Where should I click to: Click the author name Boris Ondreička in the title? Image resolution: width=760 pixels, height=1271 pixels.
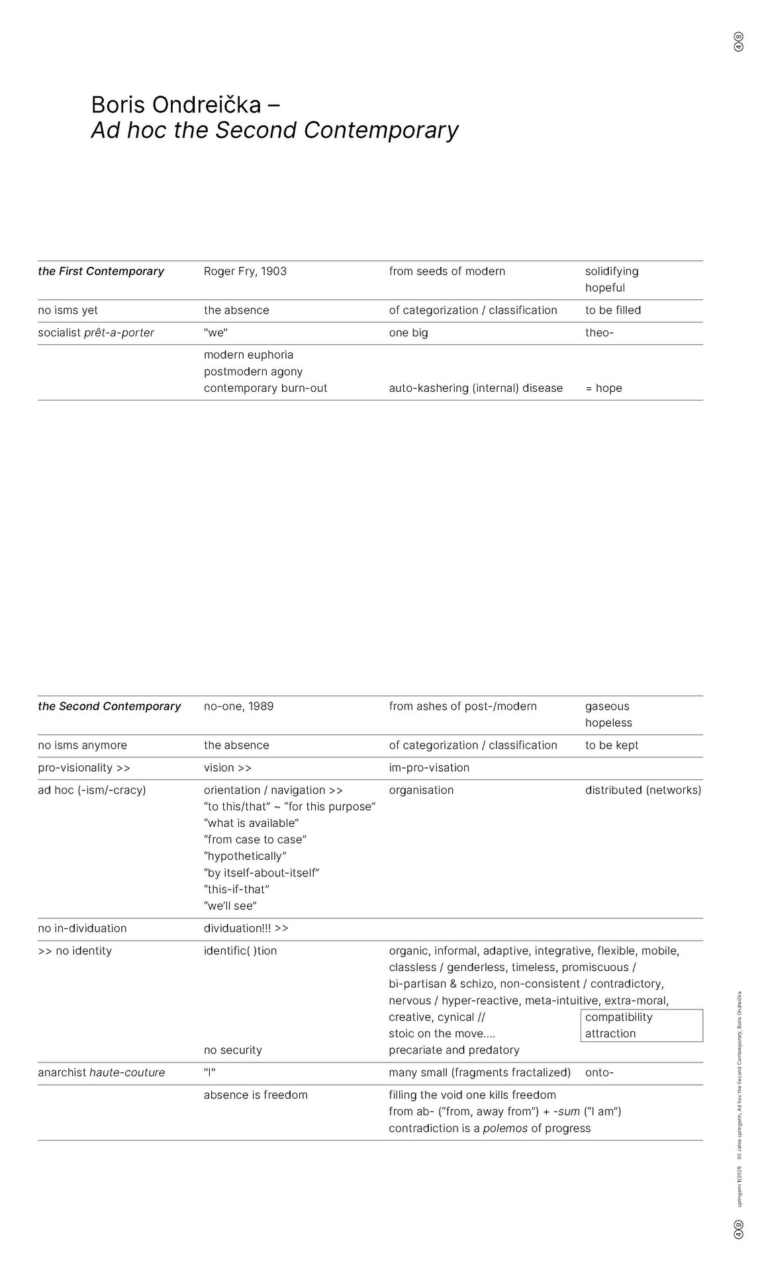[176, 105]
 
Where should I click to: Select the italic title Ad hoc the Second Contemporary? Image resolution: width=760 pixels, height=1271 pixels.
[274, 130]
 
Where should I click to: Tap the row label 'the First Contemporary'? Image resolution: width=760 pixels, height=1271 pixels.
[101, 271]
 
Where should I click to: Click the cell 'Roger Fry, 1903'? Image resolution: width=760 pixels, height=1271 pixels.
[245, 271]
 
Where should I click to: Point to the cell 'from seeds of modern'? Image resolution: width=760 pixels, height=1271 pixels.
[447, 271]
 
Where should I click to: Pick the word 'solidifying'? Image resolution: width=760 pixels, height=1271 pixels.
[611, 271]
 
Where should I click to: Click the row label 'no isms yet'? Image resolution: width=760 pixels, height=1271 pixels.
[68, 310]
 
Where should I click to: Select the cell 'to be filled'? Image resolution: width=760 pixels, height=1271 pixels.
[612, 310]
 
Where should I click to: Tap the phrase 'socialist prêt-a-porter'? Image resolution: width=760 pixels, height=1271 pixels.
[96, 333]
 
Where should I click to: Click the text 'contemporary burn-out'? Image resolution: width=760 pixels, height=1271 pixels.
[265, 389]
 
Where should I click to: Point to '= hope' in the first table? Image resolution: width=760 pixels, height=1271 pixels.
[603, 389]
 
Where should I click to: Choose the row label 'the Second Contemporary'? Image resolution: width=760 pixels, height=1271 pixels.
[109, 706]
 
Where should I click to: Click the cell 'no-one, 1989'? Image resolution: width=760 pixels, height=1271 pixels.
[238, 706]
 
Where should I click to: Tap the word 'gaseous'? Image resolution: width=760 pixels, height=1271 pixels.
[607, 706]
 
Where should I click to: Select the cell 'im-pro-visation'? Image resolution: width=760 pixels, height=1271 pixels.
[429, 768]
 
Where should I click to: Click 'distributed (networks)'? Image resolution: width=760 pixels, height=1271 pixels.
[643, 790]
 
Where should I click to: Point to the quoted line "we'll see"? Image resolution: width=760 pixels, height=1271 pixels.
[230, 906]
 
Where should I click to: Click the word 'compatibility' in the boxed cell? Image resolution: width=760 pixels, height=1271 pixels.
[618, 1017]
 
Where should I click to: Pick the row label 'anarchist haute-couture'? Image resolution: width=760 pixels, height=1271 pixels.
[101, 1073]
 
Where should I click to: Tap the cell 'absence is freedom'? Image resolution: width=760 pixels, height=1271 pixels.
[256, 1096]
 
